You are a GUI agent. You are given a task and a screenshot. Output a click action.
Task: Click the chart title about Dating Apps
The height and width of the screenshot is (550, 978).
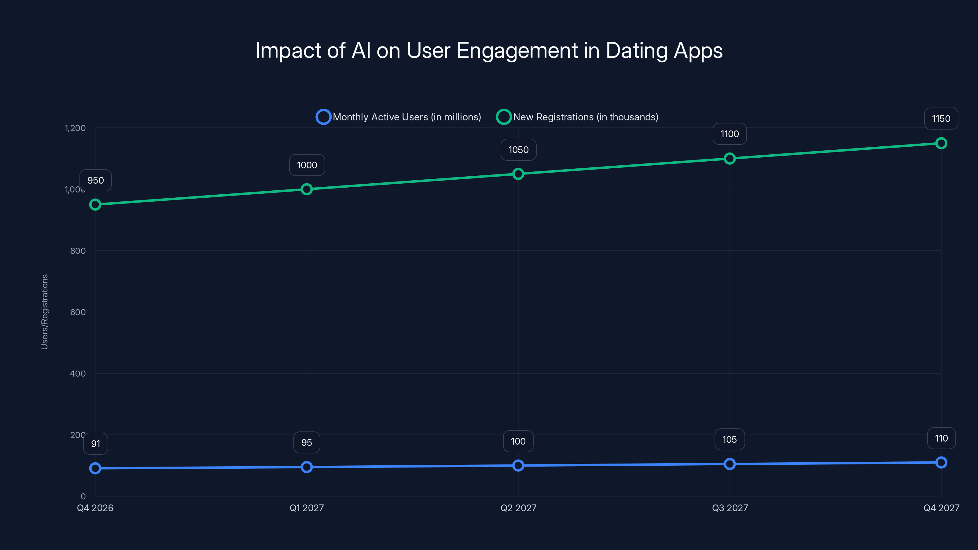pos(489,50)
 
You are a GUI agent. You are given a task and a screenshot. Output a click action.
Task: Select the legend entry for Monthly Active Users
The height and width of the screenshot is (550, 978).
pos(399,117)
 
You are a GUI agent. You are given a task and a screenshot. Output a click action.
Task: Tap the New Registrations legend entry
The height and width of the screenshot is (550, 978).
pos(577,117)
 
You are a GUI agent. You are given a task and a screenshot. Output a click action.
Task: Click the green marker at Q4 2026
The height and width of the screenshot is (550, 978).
pos(95,205)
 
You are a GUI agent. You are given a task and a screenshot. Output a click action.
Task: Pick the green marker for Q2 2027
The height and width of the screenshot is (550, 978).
pos(518,174)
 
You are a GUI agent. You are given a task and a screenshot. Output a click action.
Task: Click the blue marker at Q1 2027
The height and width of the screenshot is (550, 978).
pos(307,467)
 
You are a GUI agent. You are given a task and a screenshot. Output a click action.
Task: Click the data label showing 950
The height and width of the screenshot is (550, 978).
pos(96,180)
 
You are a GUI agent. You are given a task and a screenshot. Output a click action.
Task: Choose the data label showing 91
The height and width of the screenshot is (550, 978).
pos(96,444)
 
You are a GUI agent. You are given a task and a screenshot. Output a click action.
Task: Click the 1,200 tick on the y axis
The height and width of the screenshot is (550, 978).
pos(75,128)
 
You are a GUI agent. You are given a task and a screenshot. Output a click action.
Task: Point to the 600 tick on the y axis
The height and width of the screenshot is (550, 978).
pos(78,312)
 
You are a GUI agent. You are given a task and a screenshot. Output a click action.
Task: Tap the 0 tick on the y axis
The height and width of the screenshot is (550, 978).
pos(83,497)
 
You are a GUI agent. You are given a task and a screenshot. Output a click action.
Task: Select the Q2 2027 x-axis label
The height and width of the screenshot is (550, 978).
pos(518,508)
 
